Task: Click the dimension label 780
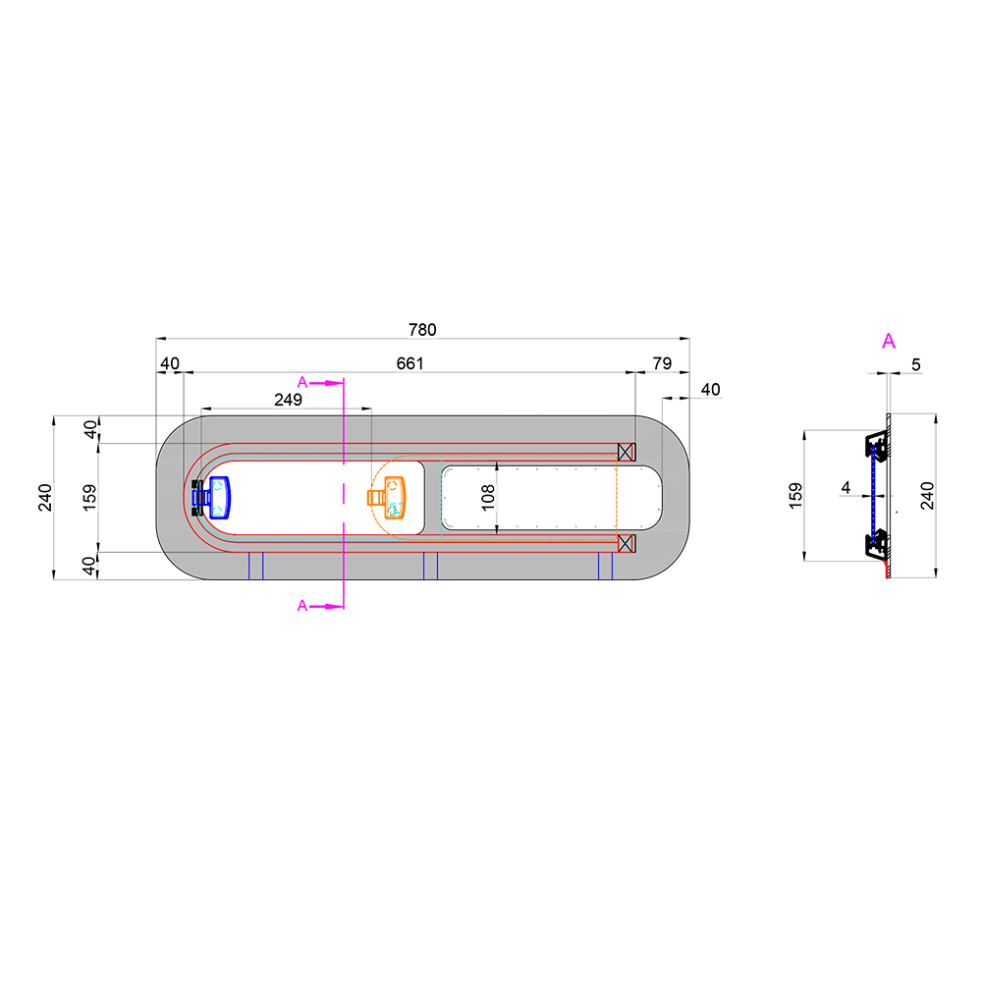tap(422, 330)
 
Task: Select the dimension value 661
tap(409, 363)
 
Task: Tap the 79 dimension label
tap(662, 363)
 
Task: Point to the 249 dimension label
tap(288, 400)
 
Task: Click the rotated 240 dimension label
tap(45, 498)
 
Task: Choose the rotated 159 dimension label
tap(89, 498)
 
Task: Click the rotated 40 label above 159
tap(89, 430)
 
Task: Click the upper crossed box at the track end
tap(626, 452)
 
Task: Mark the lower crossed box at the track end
tap(626, 543)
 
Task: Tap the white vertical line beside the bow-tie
tap(889, 495)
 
